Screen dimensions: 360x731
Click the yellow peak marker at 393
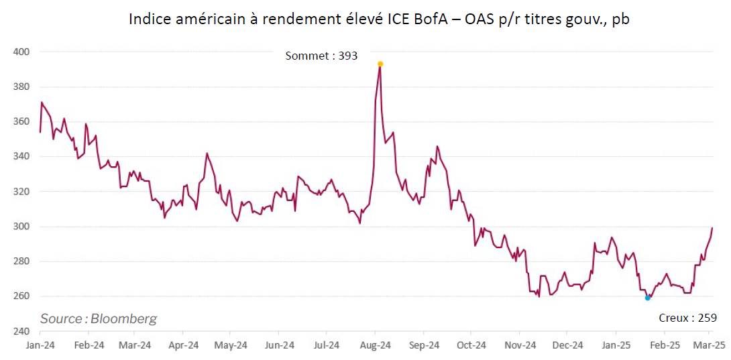(x=380, y=64)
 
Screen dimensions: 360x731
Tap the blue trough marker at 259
(x=647, y=298)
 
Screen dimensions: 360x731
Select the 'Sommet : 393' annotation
(x=321, y=56)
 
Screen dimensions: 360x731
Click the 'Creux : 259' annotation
(x=688, y=318)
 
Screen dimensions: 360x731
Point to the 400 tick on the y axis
(x=21, y=52)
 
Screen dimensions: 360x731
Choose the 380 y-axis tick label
(x=21, y=86)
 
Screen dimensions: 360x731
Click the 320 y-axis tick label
(x=21, y=192)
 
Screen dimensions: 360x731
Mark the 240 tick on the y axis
(x=21, y=331)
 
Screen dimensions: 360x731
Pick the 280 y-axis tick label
(x=21, y=261)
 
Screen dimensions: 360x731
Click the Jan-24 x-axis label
(x=40, y=346)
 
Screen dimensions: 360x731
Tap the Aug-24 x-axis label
(x=376, y=346)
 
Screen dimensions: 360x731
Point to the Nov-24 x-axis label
(x=520, y=346)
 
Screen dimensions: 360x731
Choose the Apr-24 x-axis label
(x=184, y=346)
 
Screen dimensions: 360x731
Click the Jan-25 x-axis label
(x=616, y=346)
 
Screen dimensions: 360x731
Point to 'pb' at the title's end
(x=620, y=20)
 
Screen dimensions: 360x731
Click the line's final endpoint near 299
(x=712, y=228)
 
